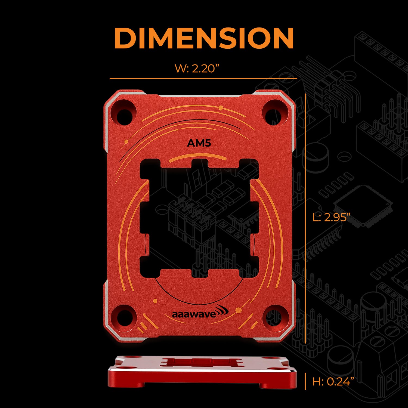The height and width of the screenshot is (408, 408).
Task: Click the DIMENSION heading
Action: tap(204, 38)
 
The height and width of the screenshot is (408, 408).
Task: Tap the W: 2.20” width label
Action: tap(197, 69)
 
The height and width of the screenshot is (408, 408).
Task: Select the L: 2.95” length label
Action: tap(331, 217)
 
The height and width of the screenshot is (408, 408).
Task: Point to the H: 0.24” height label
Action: tap(333, 382)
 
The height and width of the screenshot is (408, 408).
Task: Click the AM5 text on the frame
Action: tap(199, 143)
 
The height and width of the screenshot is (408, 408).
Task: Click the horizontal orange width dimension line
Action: tap(203, 79)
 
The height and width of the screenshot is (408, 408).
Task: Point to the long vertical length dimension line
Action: tap(306, 218)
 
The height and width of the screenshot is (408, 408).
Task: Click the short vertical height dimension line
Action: tap(305, 381)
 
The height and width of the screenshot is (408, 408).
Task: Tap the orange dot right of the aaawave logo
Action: tap(239, 310)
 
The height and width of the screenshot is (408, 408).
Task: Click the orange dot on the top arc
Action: tap(221, 108)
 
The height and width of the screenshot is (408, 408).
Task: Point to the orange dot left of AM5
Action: tap(126, 141)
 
